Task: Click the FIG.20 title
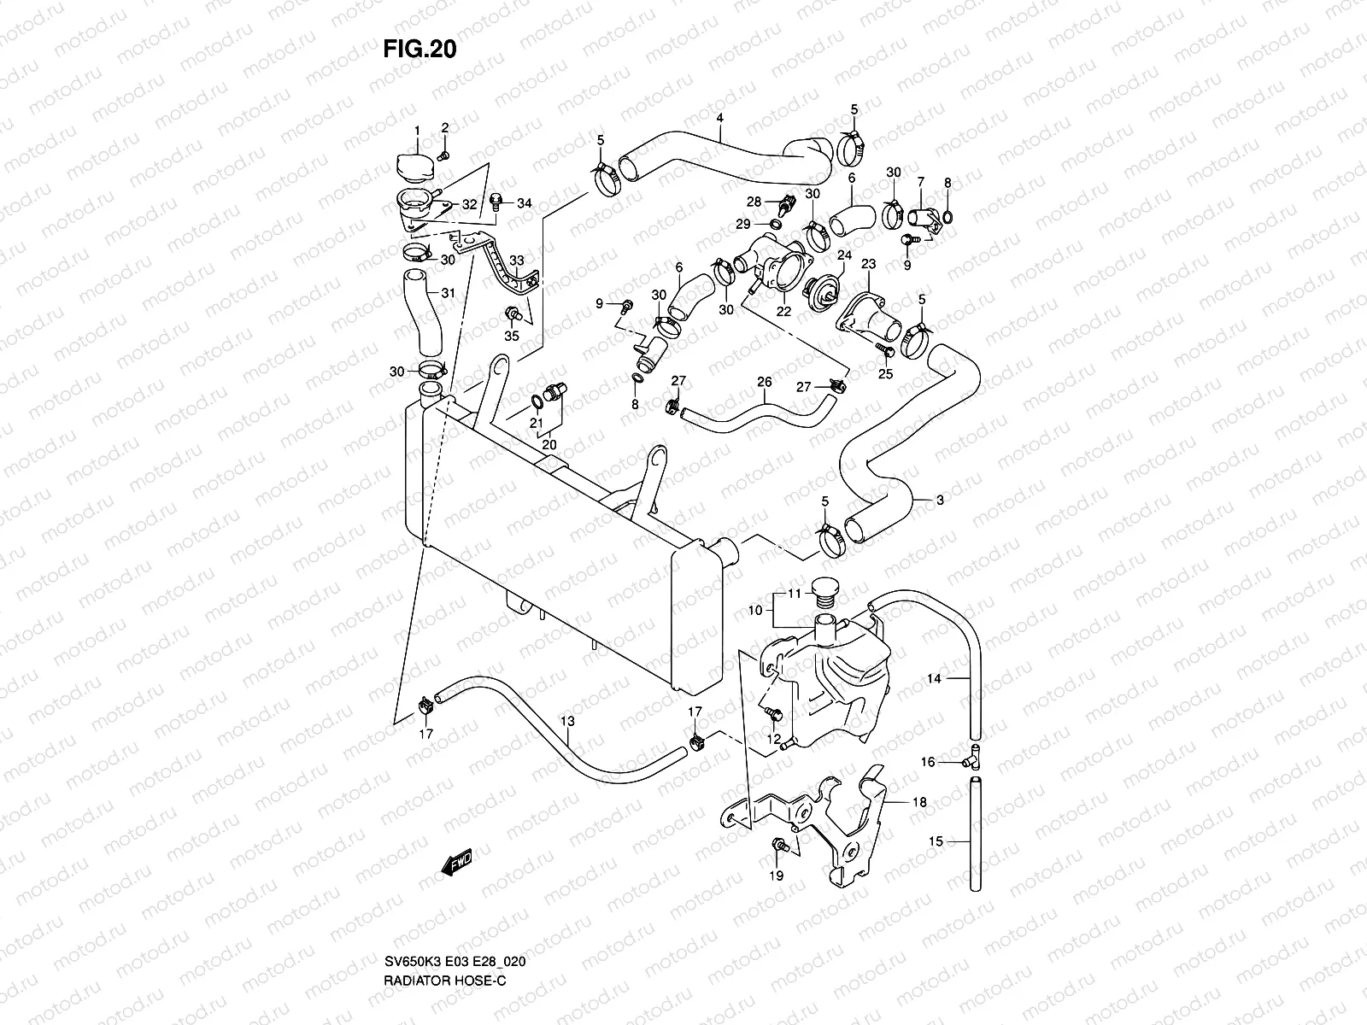point(419,50)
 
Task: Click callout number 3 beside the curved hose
point(940,501)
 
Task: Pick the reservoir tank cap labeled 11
point(824,590)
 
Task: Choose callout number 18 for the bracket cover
point(919,803)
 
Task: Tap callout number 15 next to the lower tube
point(936,841)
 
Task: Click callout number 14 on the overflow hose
point(934,679)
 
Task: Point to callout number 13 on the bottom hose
point(566,723)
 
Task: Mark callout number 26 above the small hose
point(765,382)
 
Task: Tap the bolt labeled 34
point(496,202)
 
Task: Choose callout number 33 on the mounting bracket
point(515,261)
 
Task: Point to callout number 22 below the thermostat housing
point(783,312)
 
